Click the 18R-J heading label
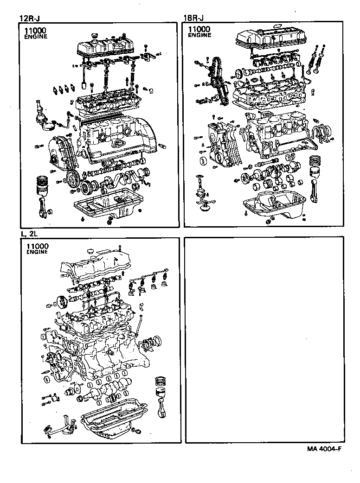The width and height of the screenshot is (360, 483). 193,18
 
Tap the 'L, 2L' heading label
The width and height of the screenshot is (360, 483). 28,234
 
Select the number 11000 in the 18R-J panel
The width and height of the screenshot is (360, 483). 199,29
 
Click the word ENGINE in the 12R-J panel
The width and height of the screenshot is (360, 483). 36,37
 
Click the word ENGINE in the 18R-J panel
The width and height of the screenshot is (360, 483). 199,35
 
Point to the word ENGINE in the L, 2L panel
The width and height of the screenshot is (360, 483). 38,252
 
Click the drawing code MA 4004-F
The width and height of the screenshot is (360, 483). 324,449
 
